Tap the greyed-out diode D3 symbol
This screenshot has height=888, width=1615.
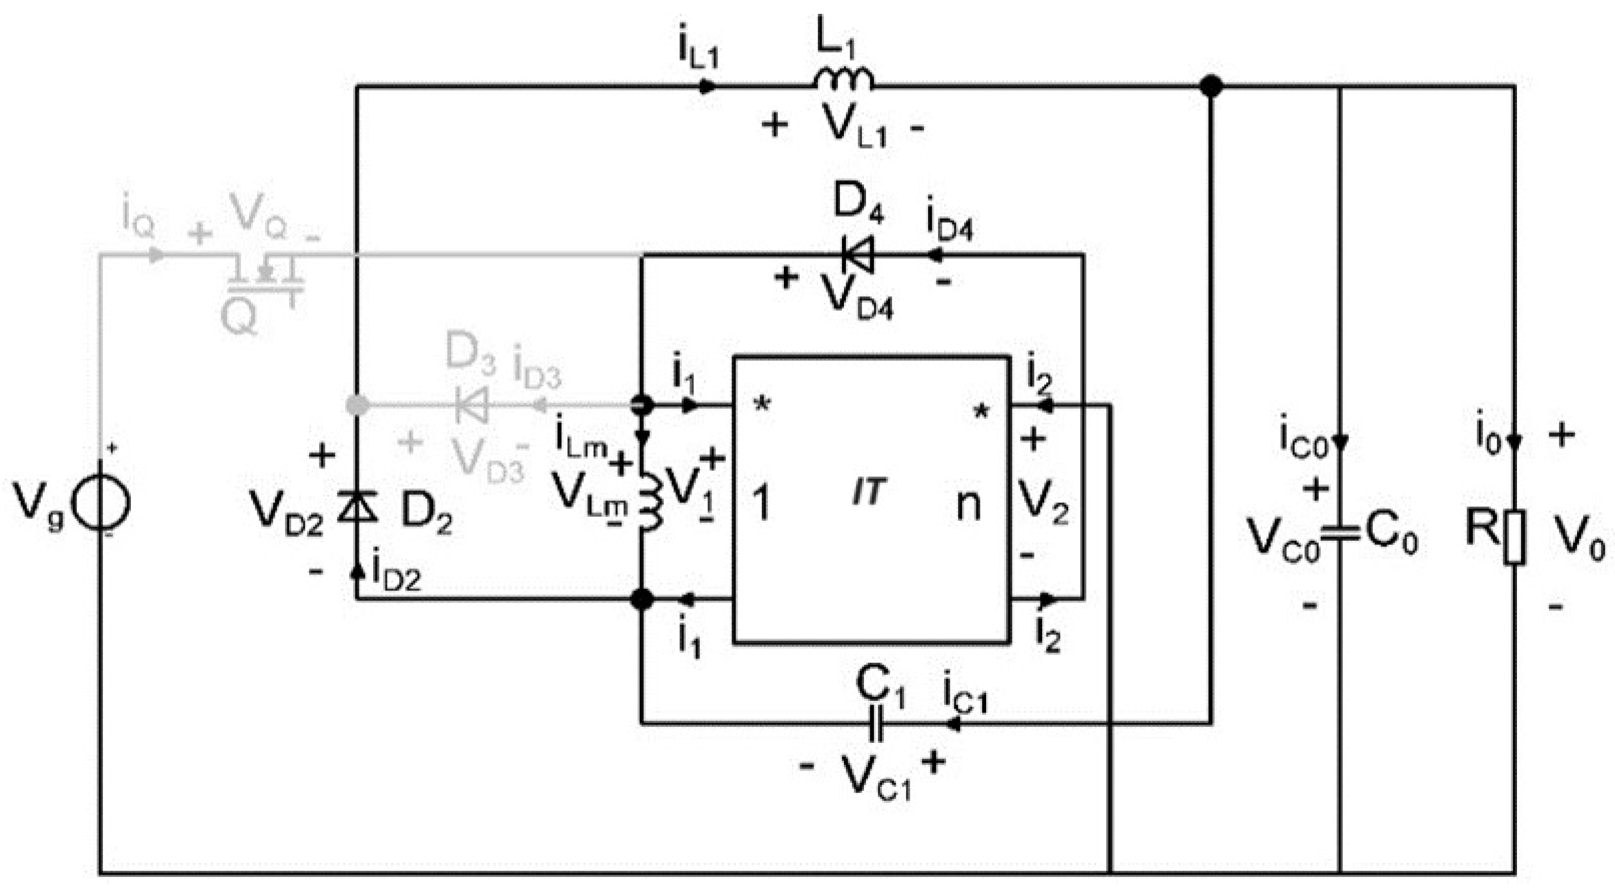(471, 405)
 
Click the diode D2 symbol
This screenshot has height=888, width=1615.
(357, 506)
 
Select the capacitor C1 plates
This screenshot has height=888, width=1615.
(876, 724)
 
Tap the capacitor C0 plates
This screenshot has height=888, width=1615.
(1340, 534)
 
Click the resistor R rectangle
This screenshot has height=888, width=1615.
(1515, 538)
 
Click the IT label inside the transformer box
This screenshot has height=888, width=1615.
(868, 492)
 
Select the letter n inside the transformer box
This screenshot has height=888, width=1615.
(968, 505)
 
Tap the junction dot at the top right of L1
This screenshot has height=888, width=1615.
(1212, 87)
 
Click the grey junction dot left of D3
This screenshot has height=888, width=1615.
(357, 405)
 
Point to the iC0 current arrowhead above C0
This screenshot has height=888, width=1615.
(1340, 442)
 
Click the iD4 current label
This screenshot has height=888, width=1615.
(949, 223)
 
